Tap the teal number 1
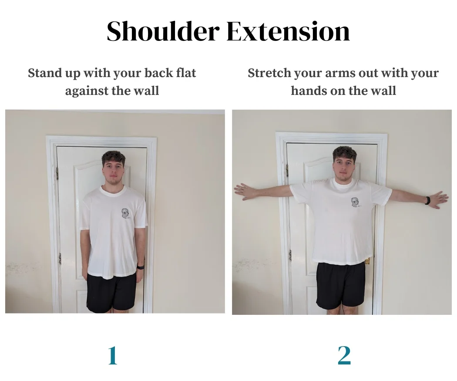[113, 356]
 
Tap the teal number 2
[344, 356]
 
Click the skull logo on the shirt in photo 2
[356, 203]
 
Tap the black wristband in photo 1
[140, 266]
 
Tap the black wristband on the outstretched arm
[428, 201]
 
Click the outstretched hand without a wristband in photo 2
[244, 191]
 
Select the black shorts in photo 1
[111, 293]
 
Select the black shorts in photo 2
[341, 285]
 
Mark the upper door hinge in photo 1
[57, 173]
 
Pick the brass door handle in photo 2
[368, 261]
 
